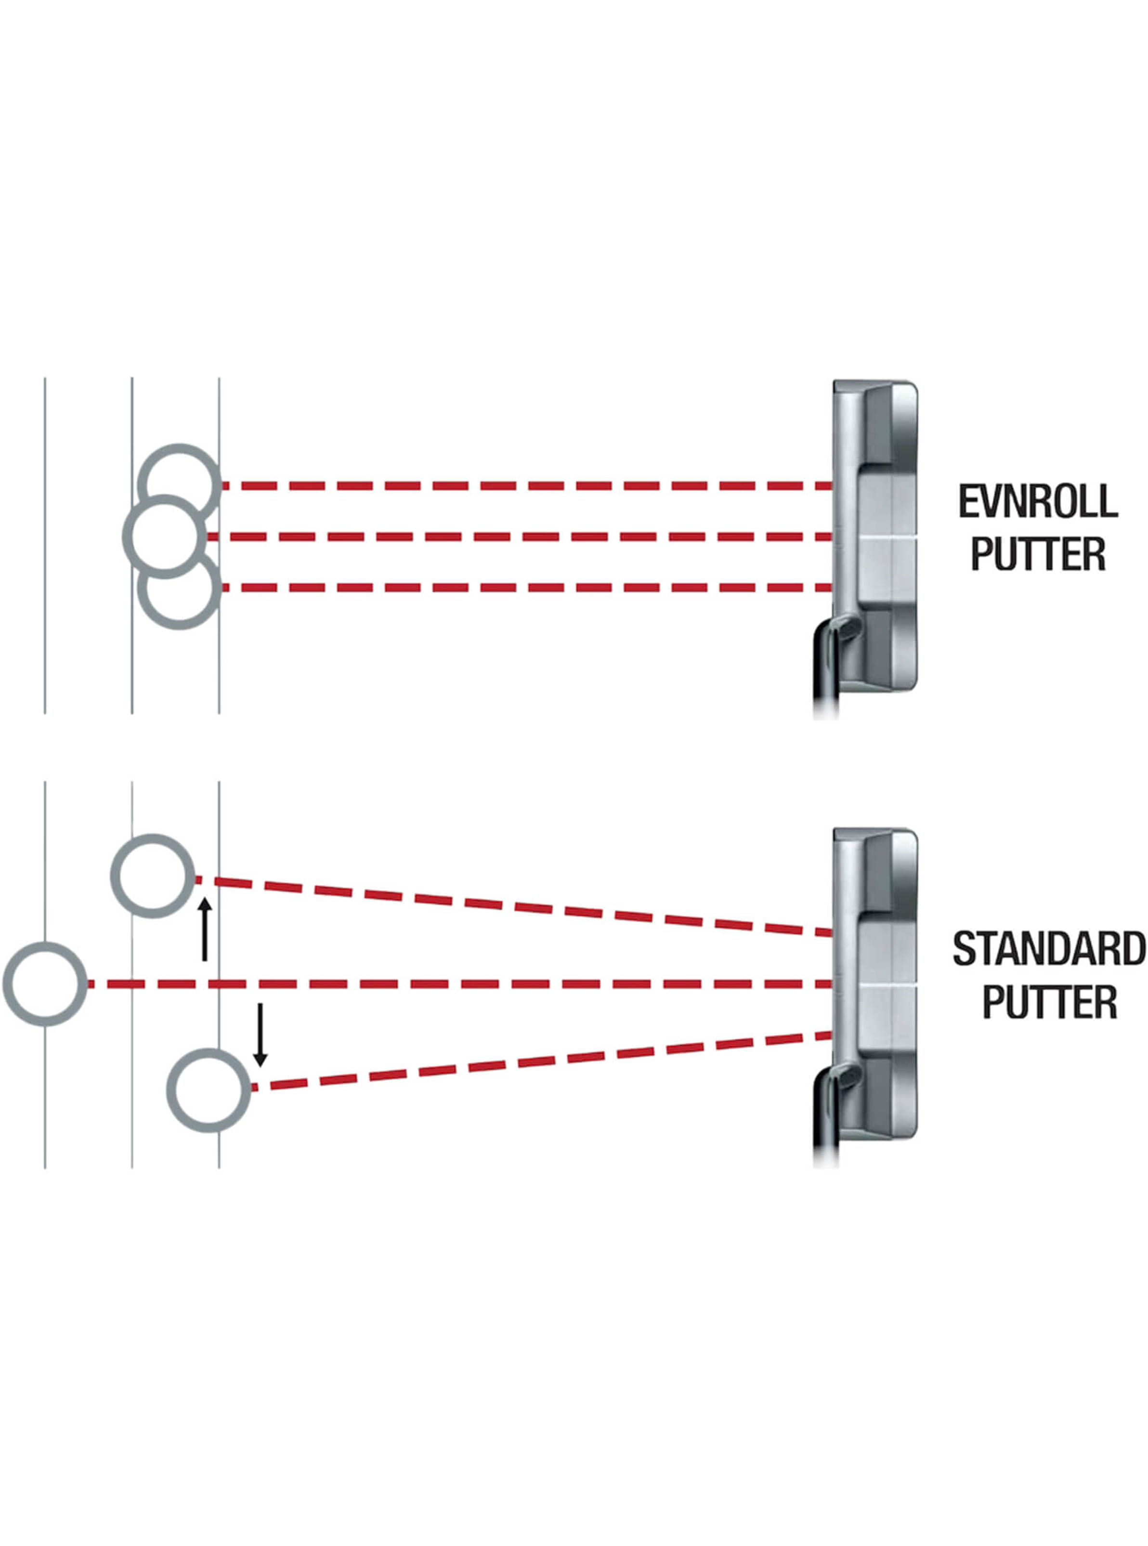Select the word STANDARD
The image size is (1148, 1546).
pyautogui.click(x=1049, y=949)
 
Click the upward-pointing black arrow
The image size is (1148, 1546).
pyautogui.click(x=204, y=930)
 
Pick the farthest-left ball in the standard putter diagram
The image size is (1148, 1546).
pyautogui.click(x=45, y=983)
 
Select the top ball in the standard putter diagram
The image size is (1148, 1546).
pyautogui.click(x=153, y=876)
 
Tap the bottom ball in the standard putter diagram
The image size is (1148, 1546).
pyautogui.click(x=209, y=1090)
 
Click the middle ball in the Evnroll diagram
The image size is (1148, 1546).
pyautogui.click(x=165, y=537)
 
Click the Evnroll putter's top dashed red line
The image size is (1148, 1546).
pyautogui.click(x=528, y=485)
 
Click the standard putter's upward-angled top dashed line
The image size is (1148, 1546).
pyautogui.click(x=514, y=906)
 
